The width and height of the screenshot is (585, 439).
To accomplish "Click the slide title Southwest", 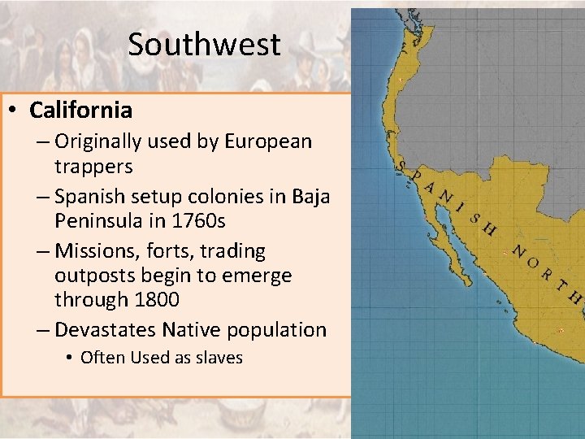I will point(204,44).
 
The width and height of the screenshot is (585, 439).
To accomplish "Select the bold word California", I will point(80,109).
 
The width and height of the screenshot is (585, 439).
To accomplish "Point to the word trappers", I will point(93,166).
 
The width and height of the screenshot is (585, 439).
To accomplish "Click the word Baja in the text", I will point(311,196).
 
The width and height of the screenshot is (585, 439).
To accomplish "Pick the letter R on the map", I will point(546,275).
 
